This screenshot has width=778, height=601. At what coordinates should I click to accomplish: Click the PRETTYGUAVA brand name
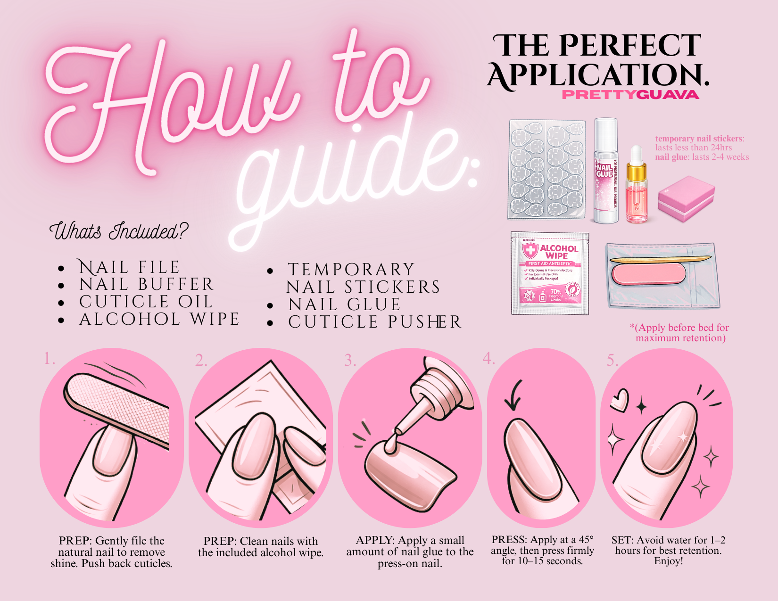click(x=630, y=95)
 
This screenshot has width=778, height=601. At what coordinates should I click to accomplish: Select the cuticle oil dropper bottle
click(x=636, y=189)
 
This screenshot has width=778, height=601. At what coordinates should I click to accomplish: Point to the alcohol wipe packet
click(x=550, y=273)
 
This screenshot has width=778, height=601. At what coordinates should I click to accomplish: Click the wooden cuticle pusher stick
click(x=660, y=259)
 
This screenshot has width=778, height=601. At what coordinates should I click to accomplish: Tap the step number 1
click(x=49, y=359)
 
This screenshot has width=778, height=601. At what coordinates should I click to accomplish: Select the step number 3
click(x=350, y=361)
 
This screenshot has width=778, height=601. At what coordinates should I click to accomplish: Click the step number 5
click(x=612, y=361)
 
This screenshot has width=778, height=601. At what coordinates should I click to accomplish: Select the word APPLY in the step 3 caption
click(x=375, y=540)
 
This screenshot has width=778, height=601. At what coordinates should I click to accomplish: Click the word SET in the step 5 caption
click(x=621, y=540)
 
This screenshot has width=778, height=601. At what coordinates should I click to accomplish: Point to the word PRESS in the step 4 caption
click(x=509, y=540)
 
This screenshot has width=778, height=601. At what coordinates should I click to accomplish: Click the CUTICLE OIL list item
click(x=146, y=302)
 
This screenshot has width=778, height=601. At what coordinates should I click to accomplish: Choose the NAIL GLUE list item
click(x=345, y=305)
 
